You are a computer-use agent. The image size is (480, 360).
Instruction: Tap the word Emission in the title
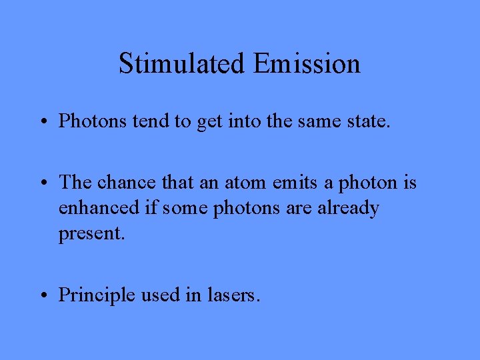307,64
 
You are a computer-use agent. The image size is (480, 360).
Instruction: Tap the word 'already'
346,209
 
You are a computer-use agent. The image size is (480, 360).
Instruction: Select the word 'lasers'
233,295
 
